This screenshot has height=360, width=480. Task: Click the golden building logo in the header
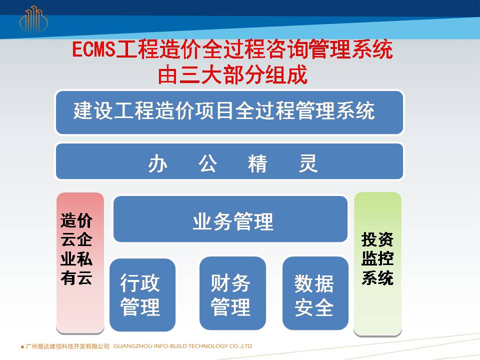point(33,19)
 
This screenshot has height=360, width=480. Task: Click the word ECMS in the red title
point(93,49)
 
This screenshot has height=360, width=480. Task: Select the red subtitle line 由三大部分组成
point(232,74)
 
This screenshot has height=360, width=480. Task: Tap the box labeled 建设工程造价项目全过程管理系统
point(229,112)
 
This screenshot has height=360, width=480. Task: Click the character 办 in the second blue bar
point(158,163)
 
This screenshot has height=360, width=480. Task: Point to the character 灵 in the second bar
point(307,163)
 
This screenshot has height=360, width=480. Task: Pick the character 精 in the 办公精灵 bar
point(258,163)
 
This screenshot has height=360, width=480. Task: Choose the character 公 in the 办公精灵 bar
point(208,163)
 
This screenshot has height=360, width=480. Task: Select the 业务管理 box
point(230,219)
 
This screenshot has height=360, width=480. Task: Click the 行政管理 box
point(142,295)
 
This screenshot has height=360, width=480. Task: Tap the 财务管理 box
point(232,293)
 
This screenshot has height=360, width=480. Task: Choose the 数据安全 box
point(315,293)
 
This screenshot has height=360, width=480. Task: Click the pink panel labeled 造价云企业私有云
point(80,262)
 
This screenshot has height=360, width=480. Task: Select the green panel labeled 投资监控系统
point(377,264)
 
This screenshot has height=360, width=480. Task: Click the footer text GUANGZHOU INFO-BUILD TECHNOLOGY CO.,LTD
point(183,346)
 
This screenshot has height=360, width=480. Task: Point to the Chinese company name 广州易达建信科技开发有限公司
point(67,346)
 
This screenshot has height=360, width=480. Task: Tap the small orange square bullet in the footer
point(22,347)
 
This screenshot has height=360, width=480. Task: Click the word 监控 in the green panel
point(377,258)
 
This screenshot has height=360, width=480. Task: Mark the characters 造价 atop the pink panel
point(76,220)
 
